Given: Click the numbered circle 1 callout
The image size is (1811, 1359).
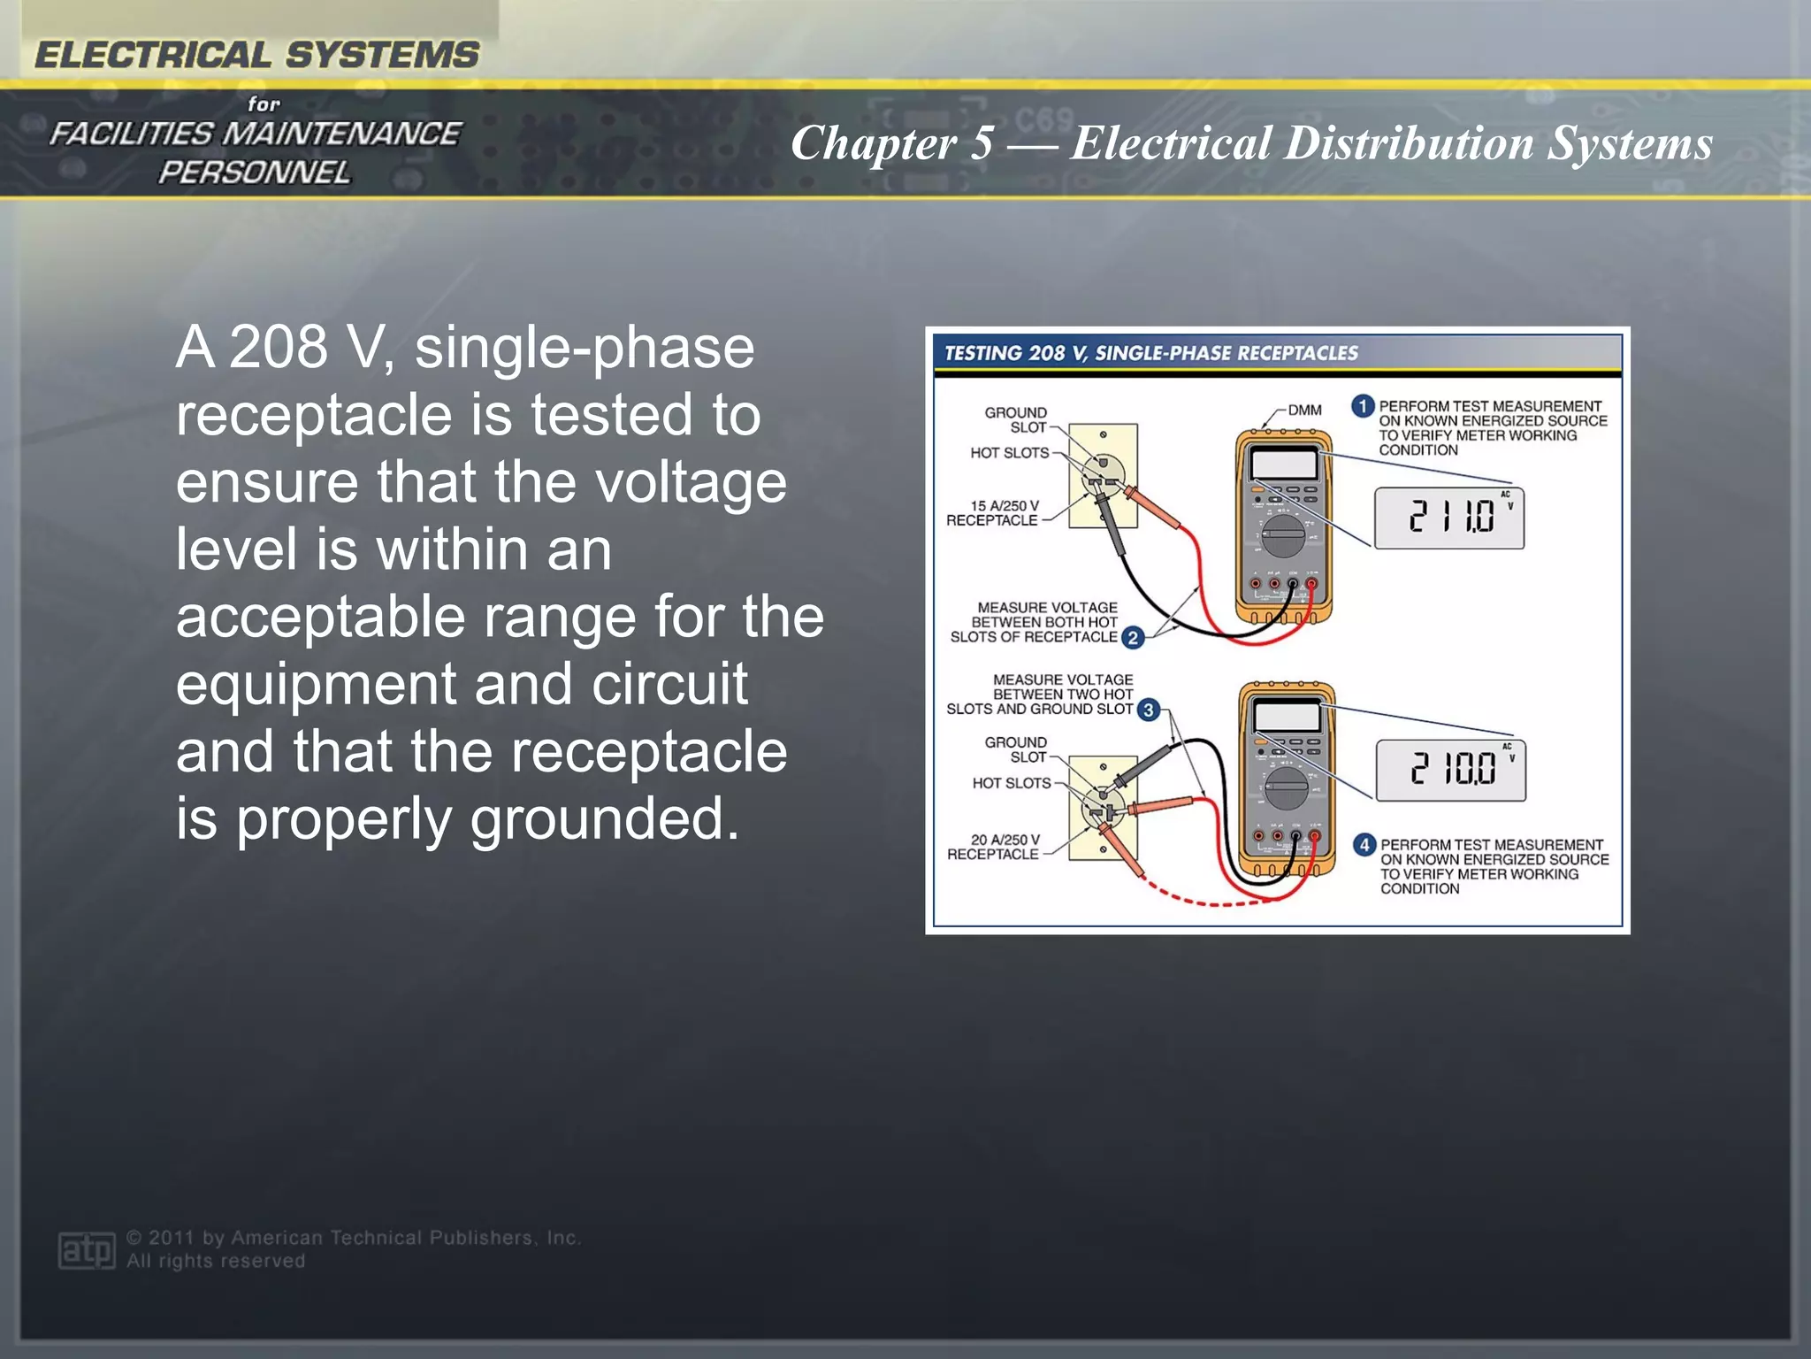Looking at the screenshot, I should click(1362, 406).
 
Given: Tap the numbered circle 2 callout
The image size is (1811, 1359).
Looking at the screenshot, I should click(1133, 637).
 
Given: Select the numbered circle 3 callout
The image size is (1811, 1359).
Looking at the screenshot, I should click(1148, 710).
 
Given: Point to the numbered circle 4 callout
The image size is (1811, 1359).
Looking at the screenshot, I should click(1364, 845).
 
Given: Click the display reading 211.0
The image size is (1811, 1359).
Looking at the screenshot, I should click(1448, 518).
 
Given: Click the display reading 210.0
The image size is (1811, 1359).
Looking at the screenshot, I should click(1450, 770).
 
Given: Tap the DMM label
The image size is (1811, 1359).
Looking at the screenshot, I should click(1304, 411).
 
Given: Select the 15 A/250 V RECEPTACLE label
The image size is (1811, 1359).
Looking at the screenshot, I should click(992, 513).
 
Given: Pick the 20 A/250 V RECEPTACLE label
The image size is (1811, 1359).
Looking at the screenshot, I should click(994, 847).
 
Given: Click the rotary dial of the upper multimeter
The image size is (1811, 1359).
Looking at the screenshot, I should click(1281, 534).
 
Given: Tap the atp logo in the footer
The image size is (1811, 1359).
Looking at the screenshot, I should click(86, 1249).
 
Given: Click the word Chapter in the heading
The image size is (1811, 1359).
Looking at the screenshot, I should click(874, 143).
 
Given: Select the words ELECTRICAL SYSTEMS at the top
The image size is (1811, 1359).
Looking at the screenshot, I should click(256, 55).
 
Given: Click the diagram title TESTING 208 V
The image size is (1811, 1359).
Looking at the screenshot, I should click(1150, 353).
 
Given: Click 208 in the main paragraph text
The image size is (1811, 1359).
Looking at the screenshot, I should click(279, 347).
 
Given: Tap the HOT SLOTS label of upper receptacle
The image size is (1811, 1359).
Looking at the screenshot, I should click(1009, 453).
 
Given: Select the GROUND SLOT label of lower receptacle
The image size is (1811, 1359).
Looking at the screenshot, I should click(1015, 749).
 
